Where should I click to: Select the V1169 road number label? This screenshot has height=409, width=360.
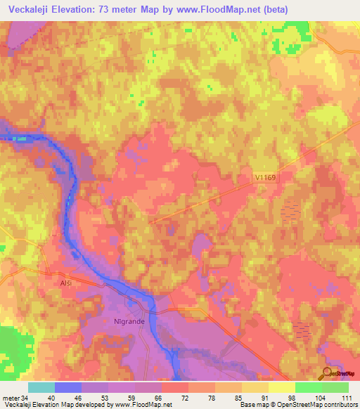pyautogui.click(x=266, y=179)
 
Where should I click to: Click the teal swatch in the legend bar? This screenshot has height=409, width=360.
pyautogui.click(x=41, y=387)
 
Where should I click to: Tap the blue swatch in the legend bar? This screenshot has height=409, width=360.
pyautogui.click(x=68, y=387)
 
